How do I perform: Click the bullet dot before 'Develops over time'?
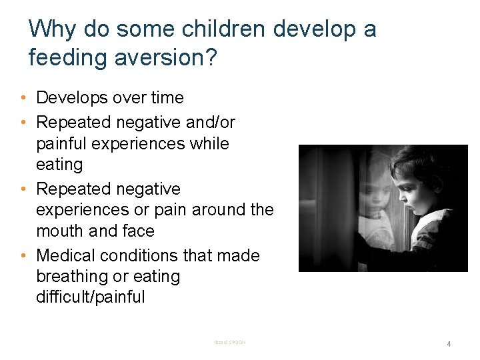23,98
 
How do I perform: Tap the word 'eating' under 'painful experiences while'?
59,164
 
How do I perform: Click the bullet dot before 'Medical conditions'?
23,255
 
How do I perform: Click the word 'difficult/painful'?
90,297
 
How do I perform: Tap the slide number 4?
449,344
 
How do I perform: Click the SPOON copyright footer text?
230,343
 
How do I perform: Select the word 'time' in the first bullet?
167,98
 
